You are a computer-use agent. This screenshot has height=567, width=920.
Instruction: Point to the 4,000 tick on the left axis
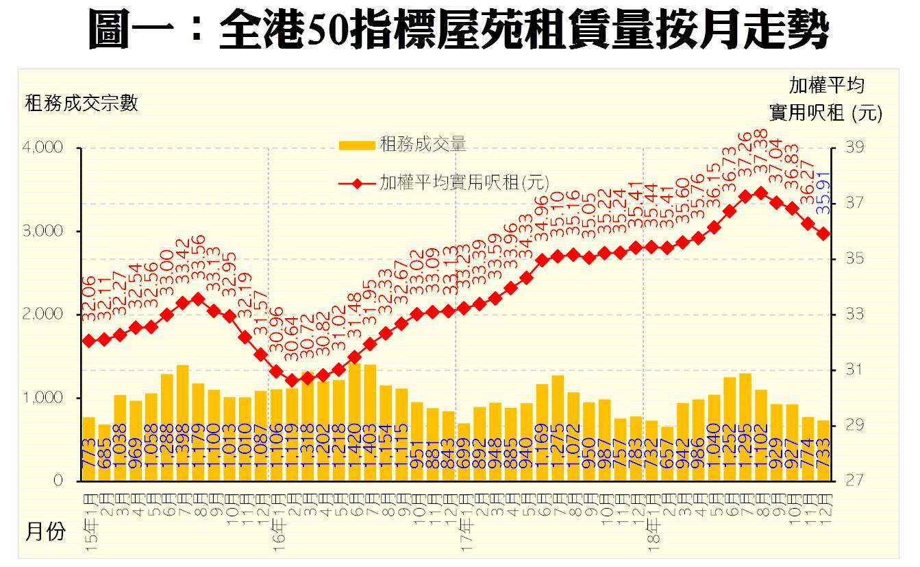45,148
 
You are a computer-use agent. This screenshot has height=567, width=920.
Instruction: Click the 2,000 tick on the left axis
45,315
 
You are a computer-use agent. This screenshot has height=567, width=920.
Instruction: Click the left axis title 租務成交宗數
82,104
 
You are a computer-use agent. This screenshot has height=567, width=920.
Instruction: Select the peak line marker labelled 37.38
760,193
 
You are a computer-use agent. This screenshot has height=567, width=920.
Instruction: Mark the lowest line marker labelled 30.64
292,381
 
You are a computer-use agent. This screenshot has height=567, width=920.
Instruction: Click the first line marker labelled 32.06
88,340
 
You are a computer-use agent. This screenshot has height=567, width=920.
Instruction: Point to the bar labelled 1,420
355,421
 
